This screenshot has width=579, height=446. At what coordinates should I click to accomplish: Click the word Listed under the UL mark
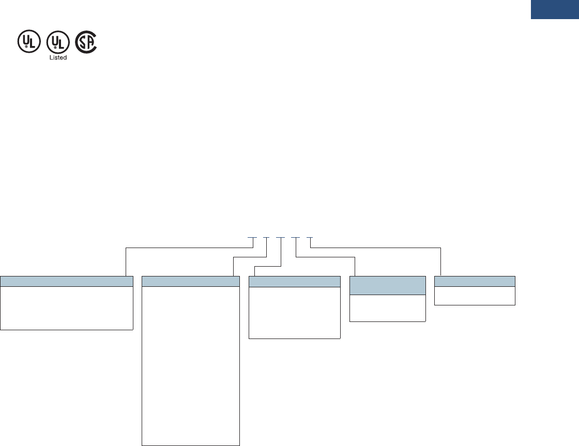[x=58, y=57]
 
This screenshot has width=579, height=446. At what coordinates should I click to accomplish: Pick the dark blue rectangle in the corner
[x=554, y=10]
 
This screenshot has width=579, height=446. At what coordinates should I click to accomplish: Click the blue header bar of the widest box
[x=67, y=281]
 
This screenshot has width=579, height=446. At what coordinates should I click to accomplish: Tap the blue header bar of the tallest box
[x=191, y=281]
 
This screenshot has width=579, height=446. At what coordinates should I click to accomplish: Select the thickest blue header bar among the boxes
[x=388, y=285]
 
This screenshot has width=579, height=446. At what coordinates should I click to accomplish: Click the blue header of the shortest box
[x=475, y=281]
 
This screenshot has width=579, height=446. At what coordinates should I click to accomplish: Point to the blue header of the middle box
[x=295, y=281]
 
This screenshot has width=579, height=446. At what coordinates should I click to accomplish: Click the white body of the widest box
[x=67, y=307]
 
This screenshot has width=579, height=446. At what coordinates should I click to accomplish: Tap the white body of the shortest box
[x=475, y=296]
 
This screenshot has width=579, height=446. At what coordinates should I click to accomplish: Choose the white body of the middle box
[x=295, y=312]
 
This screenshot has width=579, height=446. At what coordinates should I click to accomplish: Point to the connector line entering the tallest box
[x=234, y=266]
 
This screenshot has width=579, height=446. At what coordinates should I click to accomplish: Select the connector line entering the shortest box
[x=440, y=264]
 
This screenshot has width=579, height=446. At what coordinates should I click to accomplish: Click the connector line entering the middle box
[x=255, y=271]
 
